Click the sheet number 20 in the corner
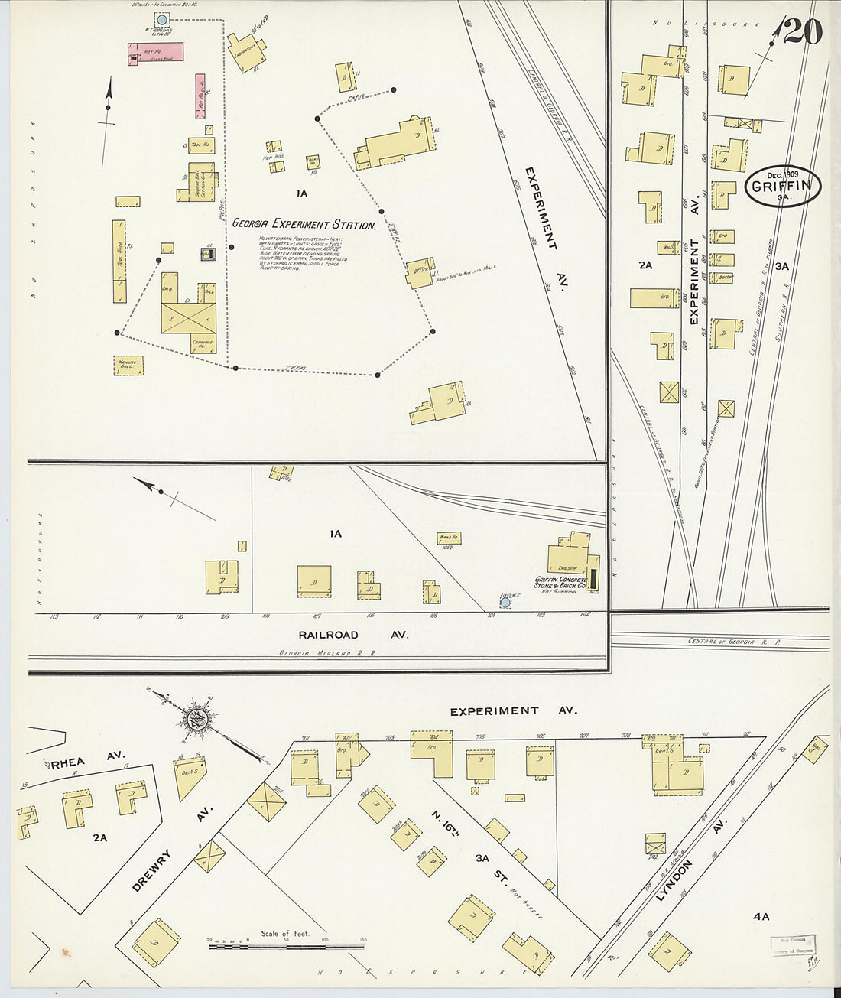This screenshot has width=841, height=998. pos(803,31)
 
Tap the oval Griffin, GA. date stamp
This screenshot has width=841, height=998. pos(782,187)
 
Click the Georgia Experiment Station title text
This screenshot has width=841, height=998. pos(304,225)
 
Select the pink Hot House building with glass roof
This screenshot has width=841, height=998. pos(155,53)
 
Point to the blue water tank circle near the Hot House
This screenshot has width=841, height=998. pos(161,18)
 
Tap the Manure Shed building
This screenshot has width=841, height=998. pos(128,366)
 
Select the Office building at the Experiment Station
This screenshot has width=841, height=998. pos(420,272)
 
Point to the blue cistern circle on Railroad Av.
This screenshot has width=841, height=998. pos(505,603)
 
